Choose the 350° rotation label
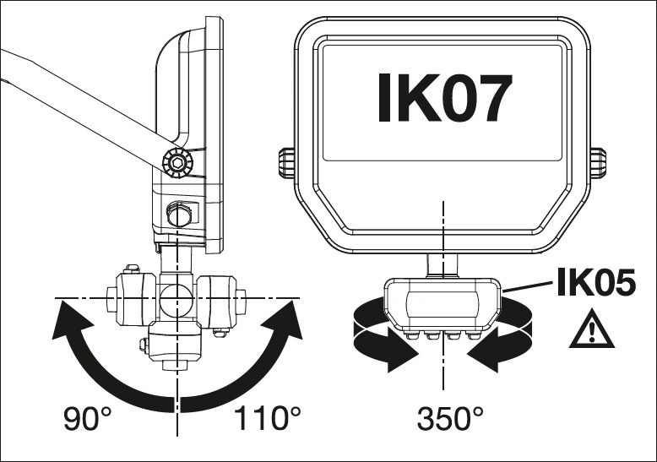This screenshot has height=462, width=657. [452, 416]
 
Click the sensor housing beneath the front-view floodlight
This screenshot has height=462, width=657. [441, 304]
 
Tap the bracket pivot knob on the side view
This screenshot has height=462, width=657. [178, 161]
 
